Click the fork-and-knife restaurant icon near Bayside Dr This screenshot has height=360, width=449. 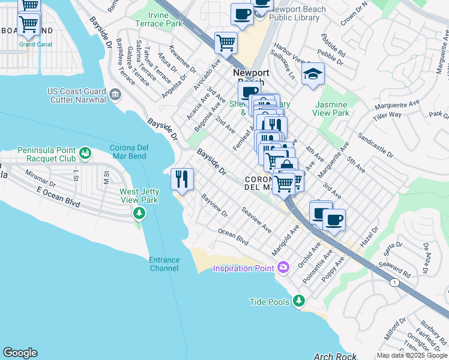(182, 178)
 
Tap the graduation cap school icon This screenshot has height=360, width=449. (312, 74)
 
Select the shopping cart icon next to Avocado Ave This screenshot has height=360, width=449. (226, 42)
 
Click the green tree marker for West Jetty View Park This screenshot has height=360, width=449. (139, 213)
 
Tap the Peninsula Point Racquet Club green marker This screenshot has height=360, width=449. (86, 154)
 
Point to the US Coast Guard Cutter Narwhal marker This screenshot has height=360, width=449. (115, 94)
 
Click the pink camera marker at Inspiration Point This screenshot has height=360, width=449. (284, 267)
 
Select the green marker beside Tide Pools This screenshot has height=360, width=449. (297, 301)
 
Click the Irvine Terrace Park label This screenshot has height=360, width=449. (165, 19)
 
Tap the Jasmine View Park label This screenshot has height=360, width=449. (331, 108)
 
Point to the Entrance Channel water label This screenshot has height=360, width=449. (164, 264)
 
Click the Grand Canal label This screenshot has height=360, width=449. (35, 44)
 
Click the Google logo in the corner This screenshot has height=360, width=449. (20, 353)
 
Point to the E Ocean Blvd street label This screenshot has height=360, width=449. (58, 198)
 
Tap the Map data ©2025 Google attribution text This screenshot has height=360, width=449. (411, 355)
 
